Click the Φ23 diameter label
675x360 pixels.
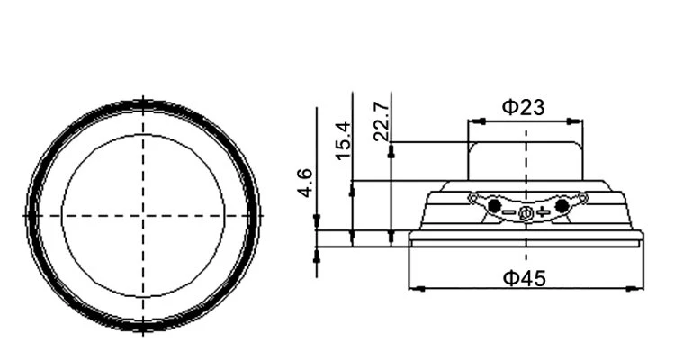(x=524, y=107)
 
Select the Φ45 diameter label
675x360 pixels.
(x=525, y=278)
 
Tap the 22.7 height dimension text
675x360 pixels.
(x=382, y=122)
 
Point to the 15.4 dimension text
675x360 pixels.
(x=343, y=140)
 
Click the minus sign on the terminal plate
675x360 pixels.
(x=509, y=211)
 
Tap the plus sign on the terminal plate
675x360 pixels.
(x=544, y=211)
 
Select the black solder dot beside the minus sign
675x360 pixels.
(x=495, y=206)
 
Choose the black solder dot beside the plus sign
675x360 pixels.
(x=562, y=206)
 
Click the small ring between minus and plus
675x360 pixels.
(x=526, y=213)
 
